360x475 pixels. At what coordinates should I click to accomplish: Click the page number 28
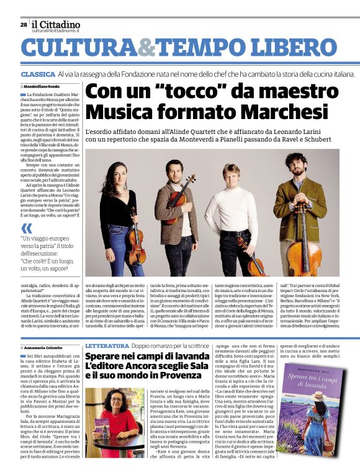(24, 25)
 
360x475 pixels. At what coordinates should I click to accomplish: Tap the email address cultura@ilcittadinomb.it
(56, 31)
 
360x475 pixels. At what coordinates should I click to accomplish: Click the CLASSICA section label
(38, 74)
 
